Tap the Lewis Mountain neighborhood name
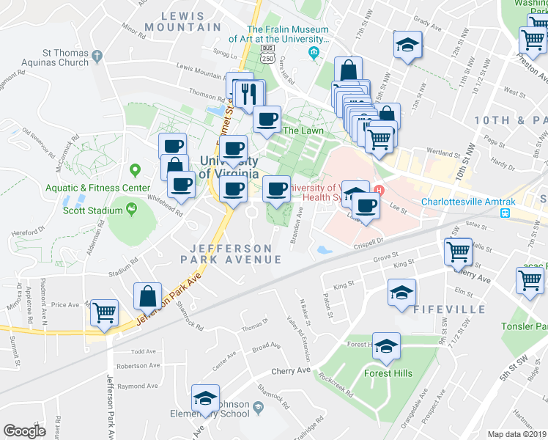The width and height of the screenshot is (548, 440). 173,21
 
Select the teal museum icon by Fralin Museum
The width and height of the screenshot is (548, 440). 314,51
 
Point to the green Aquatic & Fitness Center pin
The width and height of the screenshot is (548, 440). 135,171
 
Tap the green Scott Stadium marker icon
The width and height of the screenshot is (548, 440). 131,209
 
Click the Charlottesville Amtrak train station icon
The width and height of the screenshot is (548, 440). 505,213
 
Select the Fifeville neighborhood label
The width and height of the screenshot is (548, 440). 449,309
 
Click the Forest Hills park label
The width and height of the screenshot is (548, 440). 388,373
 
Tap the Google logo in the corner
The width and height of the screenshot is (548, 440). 24,430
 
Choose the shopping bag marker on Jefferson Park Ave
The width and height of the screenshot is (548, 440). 148,297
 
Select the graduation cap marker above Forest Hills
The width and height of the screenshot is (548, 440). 386,346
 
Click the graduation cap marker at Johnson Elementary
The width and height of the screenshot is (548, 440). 206,399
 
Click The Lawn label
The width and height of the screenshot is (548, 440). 303,131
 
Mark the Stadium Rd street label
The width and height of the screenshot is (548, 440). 125,269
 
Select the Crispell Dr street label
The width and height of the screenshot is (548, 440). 369,241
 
